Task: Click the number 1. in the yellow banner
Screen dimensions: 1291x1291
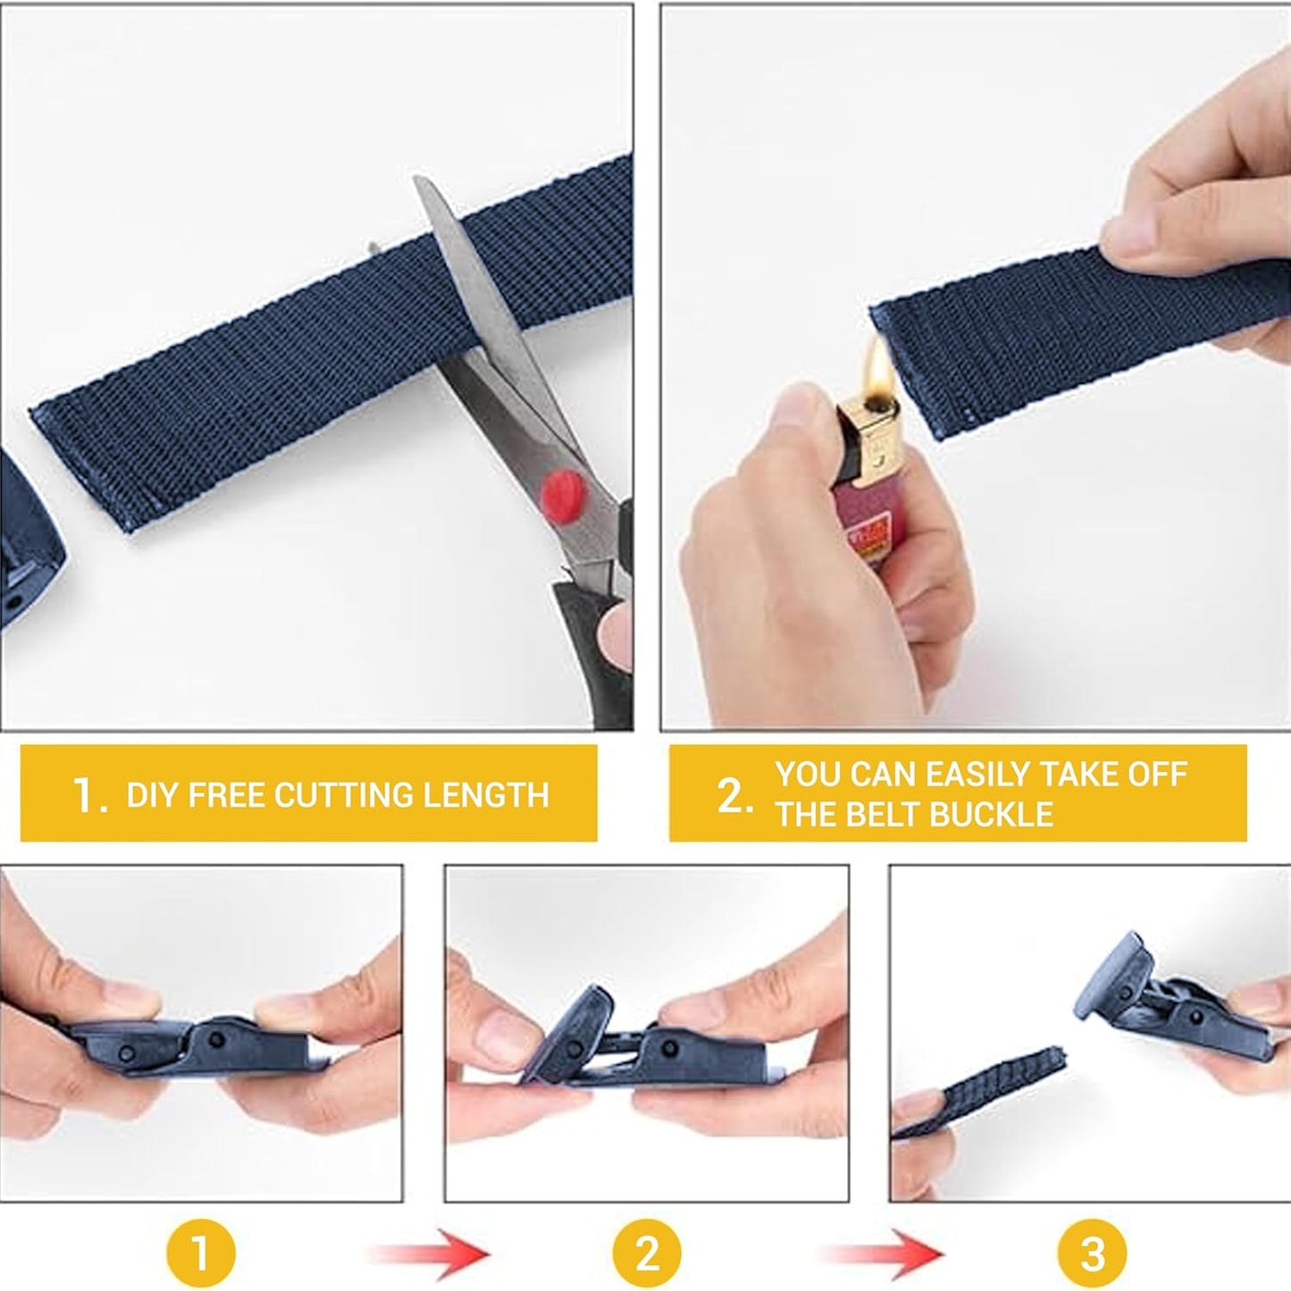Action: click(89, 795)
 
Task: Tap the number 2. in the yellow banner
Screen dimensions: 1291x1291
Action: click(734, 795)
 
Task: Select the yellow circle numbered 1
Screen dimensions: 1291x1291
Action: click(200, 1253)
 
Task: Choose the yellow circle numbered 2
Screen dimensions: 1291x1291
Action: click(646, 1253)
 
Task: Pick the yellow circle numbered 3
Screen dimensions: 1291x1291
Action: click(1092, 1253)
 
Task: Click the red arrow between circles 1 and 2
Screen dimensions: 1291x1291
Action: click(432, 1253)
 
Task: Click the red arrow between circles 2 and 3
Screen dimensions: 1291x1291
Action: click(880, 1253)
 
